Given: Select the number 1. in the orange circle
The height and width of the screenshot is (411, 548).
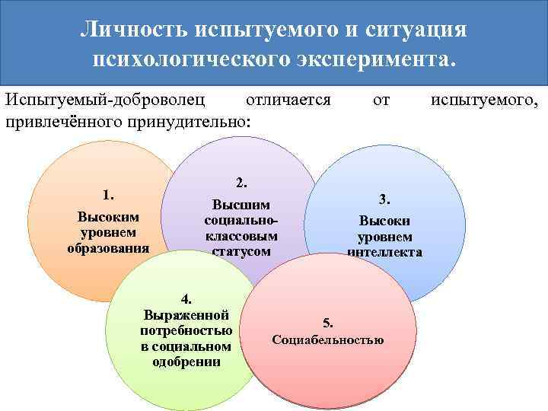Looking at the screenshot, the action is click(108, 194).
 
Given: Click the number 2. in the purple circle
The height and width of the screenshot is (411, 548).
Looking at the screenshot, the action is click(241, 182).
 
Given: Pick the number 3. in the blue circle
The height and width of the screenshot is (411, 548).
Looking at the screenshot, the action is click(385, 199).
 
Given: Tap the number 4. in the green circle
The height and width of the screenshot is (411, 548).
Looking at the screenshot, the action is click(186, 298).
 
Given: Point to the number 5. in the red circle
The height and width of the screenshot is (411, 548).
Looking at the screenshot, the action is click(328, 322).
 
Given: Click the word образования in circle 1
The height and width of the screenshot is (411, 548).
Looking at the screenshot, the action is click(108, 247).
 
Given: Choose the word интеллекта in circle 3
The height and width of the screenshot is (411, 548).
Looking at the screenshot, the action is click(385, 253).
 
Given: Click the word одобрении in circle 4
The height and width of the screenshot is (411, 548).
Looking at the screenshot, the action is click(186, 362).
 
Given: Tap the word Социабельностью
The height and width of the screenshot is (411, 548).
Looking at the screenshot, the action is click(328, 339).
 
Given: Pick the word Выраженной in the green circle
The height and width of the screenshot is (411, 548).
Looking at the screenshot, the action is click(186, 314).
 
